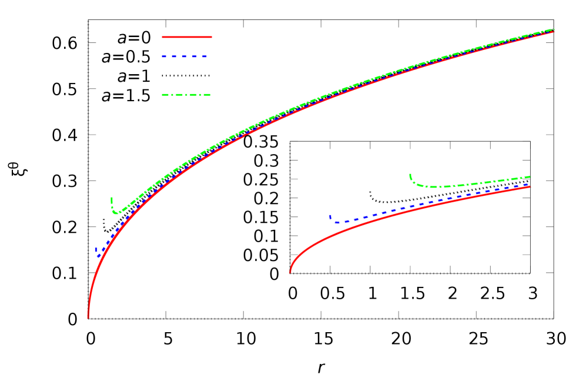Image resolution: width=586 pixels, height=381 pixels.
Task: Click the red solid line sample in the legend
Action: click(x=186, y=37)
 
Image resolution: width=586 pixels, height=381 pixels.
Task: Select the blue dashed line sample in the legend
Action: click(x=185, y=56)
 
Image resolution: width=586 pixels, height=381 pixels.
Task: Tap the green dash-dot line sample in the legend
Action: click(x=186, y=95)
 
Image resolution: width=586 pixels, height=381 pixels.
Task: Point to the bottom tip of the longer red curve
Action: click(x=88, y=317)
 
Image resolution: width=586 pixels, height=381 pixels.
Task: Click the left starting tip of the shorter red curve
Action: click(x=290, y=272)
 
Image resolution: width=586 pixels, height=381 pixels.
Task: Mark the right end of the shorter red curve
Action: click(x=530, y=187)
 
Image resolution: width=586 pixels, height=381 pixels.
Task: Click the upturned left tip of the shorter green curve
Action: click(x=410, y=174)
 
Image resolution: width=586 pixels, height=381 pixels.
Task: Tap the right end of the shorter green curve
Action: click(x=531, y=177)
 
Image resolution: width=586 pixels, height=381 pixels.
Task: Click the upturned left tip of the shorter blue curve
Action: click(x=330, y=215)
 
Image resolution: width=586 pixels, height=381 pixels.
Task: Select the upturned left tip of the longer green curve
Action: click(x=111, y=198)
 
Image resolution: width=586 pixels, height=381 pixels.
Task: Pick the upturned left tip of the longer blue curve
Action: click(x=96, y=248)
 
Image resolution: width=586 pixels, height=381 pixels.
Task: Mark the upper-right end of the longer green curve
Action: click(x=554, y=29)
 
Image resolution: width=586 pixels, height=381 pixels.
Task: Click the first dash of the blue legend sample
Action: click(x=165, y=56)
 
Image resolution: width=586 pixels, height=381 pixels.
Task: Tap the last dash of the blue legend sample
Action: click(x=203, y=56)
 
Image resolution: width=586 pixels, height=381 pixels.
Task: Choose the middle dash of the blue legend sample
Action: click(x=185, y=56)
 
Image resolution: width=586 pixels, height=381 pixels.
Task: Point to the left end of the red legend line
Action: click(x=163, y=37)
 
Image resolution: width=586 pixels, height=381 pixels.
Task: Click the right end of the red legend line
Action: click(x=211, y=37)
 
